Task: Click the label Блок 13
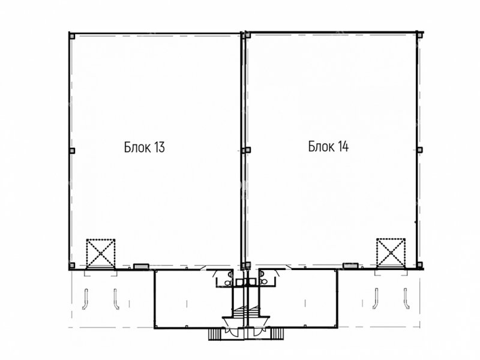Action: click(145, 147)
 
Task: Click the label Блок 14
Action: click(328, 146)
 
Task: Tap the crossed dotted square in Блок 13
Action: click(101, 253)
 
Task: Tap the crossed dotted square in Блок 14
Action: click(391, 253)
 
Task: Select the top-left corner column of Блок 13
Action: click(72, 36)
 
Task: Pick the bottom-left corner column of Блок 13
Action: click(72, 265)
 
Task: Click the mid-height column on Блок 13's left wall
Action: click(72, 151)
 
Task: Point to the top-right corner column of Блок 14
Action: click(419, 35)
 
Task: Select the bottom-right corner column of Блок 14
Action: click(419, 265)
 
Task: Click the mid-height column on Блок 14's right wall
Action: click(419, 149)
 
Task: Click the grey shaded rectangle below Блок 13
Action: click(141, 267)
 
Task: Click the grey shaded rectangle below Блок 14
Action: click(350, 266)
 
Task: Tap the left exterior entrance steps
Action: click(215, 334)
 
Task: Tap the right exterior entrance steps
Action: click(277, 334)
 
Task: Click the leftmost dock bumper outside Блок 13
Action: click(85, 299)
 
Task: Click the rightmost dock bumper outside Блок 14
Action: click(406, 298)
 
